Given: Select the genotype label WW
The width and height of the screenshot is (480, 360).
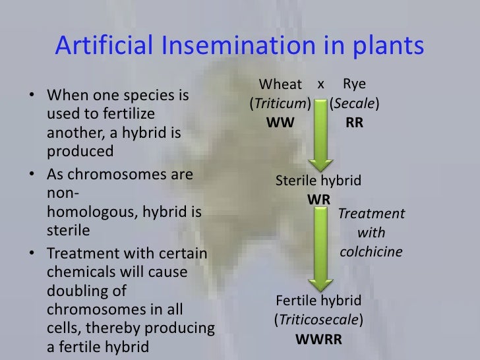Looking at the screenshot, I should point(280,123).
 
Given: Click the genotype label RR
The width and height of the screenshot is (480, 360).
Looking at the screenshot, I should point(354,123).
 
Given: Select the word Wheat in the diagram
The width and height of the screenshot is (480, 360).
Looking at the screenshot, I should point(280,85).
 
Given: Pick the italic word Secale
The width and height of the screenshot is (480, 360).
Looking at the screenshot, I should point(355,104).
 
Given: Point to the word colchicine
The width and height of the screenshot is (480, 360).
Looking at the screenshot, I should point(371,252).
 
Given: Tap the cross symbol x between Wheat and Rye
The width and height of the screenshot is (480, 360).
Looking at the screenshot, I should point(321,84).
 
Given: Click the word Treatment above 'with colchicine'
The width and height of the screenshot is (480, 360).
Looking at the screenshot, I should point(371,214).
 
